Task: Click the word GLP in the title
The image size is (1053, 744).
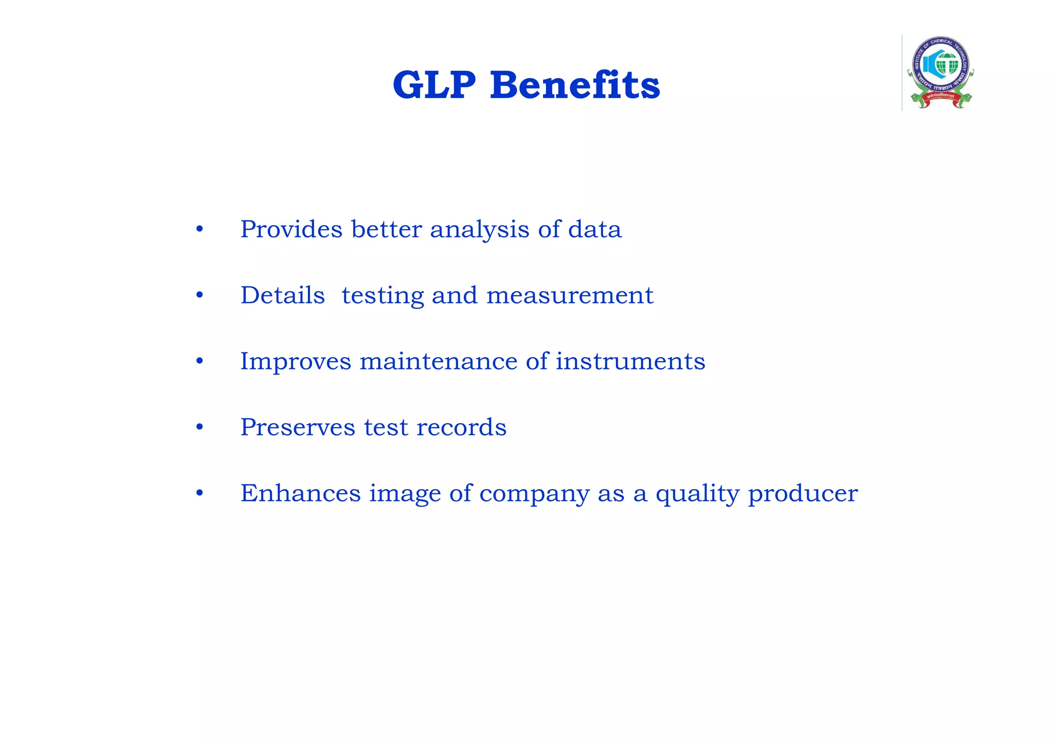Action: pyautogui.click(x=433, y=85)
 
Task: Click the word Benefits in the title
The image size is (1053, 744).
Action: pyautogui.click(x=574, y=85)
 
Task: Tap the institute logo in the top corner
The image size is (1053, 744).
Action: pyautogui.click(x=940, y=72)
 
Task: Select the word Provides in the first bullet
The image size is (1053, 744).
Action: pyautogui.click(x=291, y=229)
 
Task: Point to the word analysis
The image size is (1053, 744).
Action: pyautogui.click(x=479, y=230)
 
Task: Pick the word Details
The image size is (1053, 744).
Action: pyautogui.click(x=282, y=295)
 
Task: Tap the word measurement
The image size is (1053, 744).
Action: pyautogui.click(x=570, y=295)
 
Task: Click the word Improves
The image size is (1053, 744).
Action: pyautogui.click(x=296, y=362)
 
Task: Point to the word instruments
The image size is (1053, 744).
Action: pyautogui.click(x=630, y=361)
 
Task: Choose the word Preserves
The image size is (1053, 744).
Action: pyautogui.click(x=297, y=427)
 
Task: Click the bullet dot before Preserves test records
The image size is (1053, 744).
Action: pyautogui.click(x=199, y=427)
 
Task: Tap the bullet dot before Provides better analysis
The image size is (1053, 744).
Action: pyautogui.click(x=199, y=230)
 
